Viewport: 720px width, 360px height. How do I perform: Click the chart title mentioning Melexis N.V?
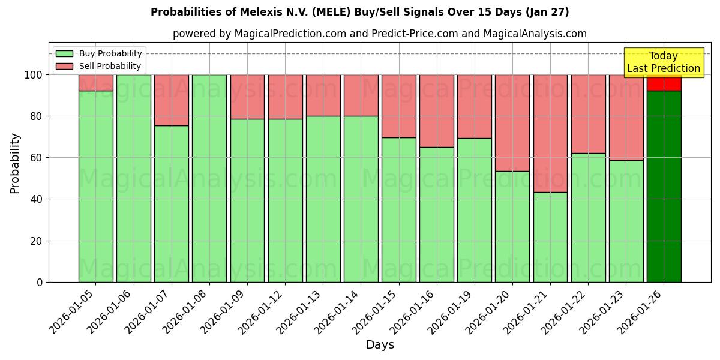[359, 12]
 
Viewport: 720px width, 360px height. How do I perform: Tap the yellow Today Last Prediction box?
[663, 62]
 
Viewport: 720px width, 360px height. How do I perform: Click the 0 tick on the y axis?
[40, 282]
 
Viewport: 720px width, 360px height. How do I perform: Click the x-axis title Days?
[380, 345]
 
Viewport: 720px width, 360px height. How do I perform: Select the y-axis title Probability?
[15, 163]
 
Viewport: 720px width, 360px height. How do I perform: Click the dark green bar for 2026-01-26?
[664, 186]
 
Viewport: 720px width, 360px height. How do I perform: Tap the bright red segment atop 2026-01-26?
[664, 83]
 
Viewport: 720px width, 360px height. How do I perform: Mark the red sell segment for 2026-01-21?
[550, 133]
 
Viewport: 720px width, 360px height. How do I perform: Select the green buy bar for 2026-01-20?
[512, 226]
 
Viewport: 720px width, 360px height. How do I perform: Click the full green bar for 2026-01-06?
[133, 178]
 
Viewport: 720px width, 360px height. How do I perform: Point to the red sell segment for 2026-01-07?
[172, 100]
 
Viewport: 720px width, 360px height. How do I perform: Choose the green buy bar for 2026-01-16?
[437, 214]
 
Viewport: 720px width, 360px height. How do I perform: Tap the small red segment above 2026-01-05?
[96, 83]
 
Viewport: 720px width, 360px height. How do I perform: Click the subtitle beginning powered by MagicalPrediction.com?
[380, 34]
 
